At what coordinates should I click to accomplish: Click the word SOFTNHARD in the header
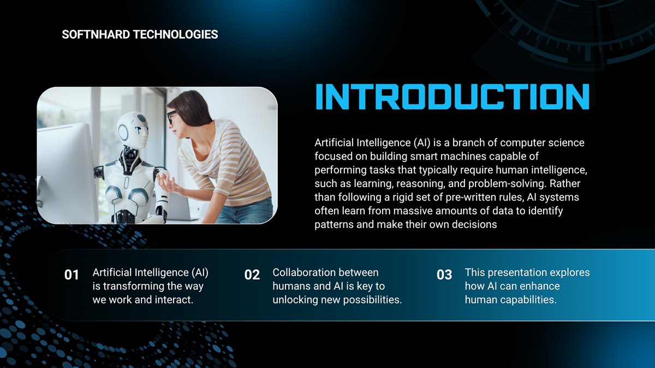(x=96, y=34)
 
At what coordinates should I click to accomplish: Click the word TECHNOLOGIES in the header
(x=175, y=34)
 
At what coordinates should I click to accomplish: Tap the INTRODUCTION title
(x=452, y=96)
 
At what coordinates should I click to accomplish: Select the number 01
(x=72, y=275)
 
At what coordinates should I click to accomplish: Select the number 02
(x=252, y=275)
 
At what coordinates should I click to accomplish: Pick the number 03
(x=444, y=275)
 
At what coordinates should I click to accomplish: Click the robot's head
(x=133, y=130)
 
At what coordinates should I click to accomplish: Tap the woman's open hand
(x=170, y=182)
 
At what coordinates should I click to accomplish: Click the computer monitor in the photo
(x=67, y=172)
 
